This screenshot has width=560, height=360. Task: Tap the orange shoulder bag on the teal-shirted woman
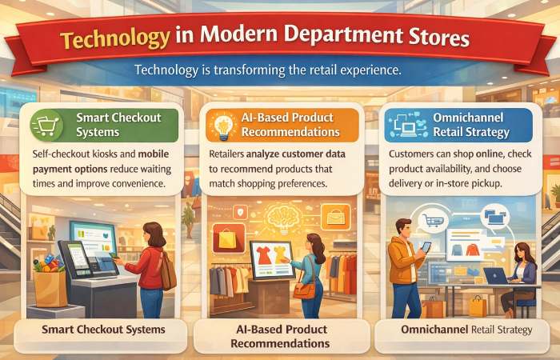point(305,289)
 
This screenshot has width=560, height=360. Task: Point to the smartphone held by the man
point(426,247)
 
